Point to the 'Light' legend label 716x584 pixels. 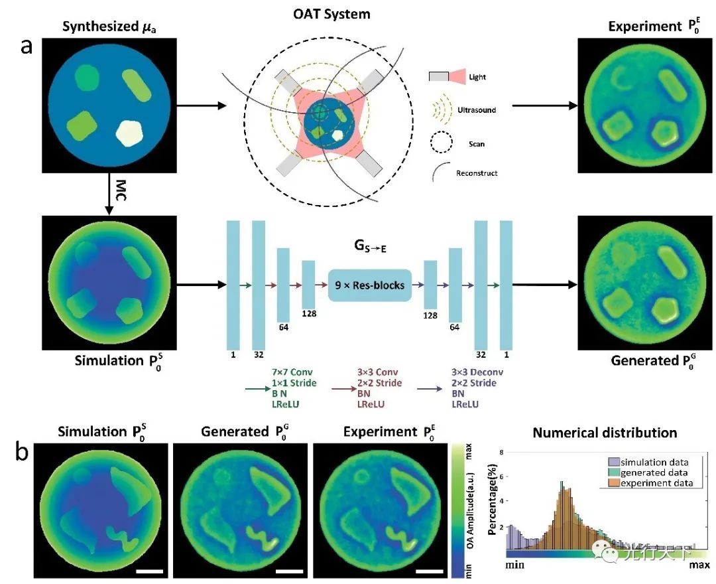click(x=477, y=77)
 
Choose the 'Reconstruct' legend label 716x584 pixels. click(x=477, y=173)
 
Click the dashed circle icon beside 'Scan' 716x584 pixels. click(x=441, y=141)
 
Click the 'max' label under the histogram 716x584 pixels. click(x=698, y=565)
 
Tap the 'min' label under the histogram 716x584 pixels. click(x=519, y=565)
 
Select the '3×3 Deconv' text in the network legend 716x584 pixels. click(x=474, y=373)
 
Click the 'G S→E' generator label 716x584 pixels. click(x=369, y=246)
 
